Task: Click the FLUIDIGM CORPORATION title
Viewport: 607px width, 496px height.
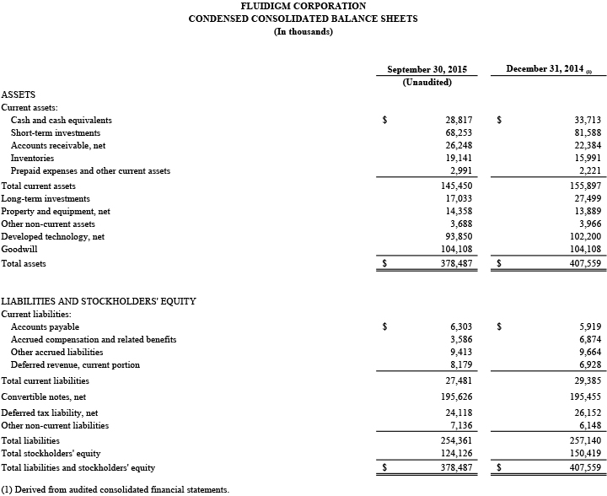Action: [303, 6]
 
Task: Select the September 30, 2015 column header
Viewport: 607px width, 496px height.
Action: [427, 69]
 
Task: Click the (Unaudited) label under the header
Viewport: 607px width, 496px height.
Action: [427, 83]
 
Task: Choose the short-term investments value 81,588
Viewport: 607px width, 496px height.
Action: [583, 133]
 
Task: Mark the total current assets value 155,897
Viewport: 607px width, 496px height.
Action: [581, 186]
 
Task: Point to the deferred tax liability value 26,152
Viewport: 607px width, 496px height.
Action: [583, 413]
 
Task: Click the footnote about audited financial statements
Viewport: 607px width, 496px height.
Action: [115, 489]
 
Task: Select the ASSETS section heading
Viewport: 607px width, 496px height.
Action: [18, 95]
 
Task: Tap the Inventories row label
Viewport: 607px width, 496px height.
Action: [32, 159]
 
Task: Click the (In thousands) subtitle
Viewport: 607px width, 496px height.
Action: [303, 32]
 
